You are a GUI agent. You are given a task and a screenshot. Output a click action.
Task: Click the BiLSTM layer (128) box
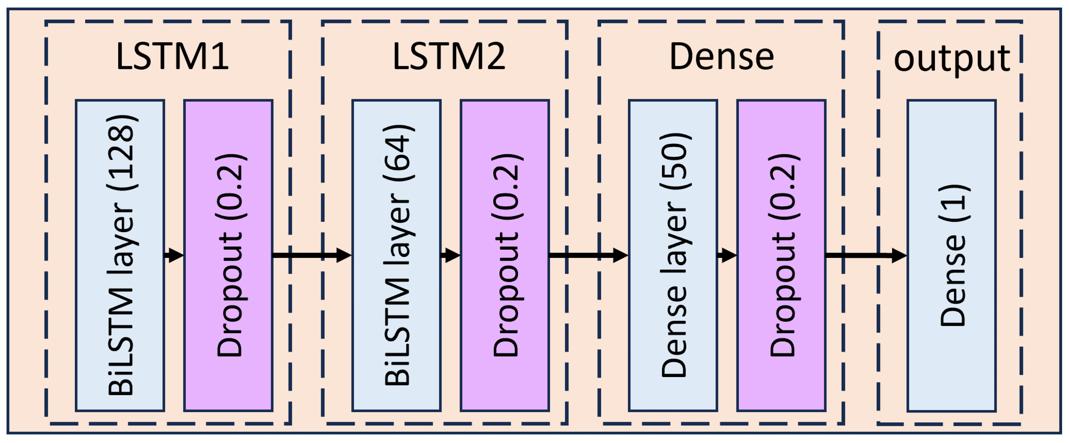coord(120,255)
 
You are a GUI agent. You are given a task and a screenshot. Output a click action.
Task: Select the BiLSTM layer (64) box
coord(396,255)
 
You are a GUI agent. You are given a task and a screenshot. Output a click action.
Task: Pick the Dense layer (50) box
coord(673,255)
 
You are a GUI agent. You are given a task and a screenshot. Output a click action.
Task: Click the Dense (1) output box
coord(951,255)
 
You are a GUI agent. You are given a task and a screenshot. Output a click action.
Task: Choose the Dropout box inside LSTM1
coord(228,255)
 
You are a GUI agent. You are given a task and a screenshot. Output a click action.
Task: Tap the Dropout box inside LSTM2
coord(505,255)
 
